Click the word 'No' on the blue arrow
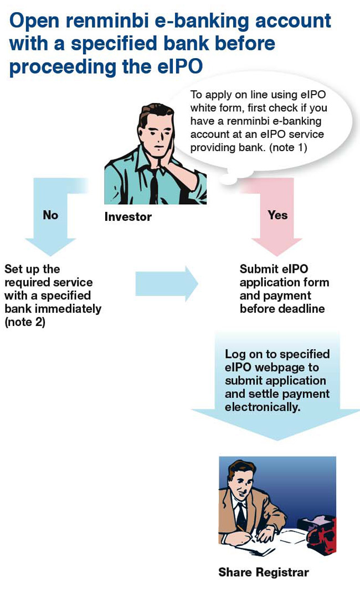[50, 215]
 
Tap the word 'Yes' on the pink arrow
[277, 215]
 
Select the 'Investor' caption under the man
[128, 217]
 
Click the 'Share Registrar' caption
[264, 572]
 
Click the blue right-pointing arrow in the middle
[166, 283]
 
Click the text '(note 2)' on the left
[25, 322]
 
